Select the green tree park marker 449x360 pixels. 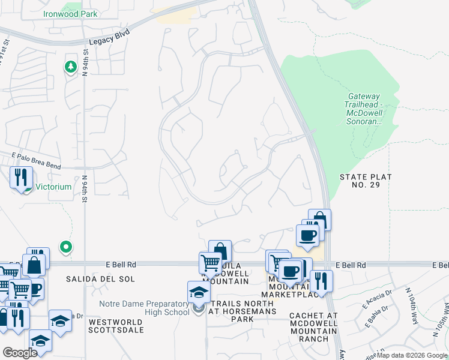pos(71,67)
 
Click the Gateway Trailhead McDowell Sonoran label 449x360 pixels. pos(363,109)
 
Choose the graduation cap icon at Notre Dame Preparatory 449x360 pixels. pos(199,292)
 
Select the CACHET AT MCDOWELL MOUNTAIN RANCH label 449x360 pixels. pos(313,327)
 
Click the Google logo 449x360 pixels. pos(20,353)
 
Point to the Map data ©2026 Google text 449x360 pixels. pos(412,355)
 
